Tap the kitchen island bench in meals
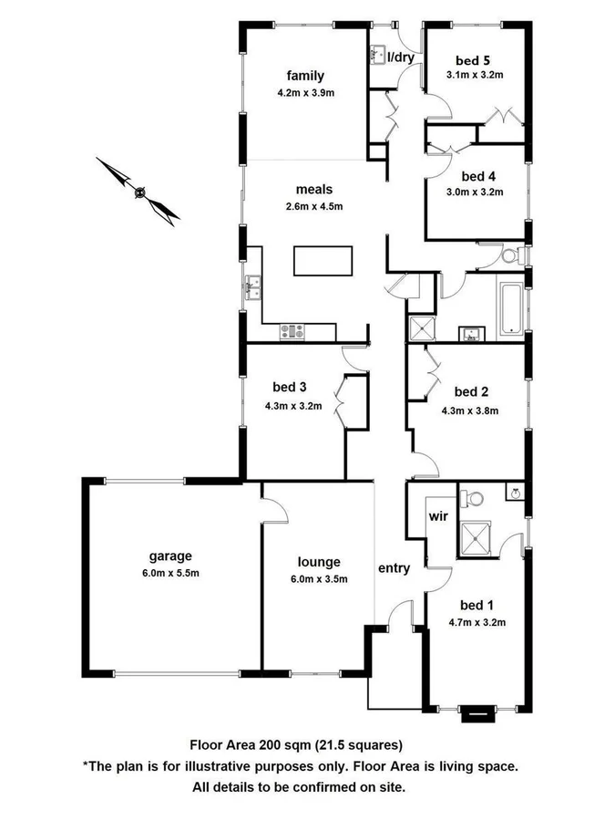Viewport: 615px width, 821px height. tap(323, 261)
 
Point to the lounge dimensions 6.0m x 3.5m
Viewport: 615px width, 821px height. tap(318, 579)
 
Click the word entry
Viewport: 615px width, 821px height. tap(394, 568)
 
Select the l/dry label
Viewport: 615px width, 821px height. tap(401, 57)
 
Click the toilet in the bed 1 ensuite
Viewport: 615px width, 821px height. tap(470, 498)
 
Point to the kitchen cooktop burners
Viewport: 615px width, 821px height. tap(293, 331)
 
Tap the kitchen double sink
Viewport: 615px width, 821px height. tap(253, 290)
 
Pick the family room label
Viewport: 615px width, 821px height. tap(305, 76)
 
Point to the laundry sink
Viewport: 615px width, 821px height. tap(378, 56)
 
